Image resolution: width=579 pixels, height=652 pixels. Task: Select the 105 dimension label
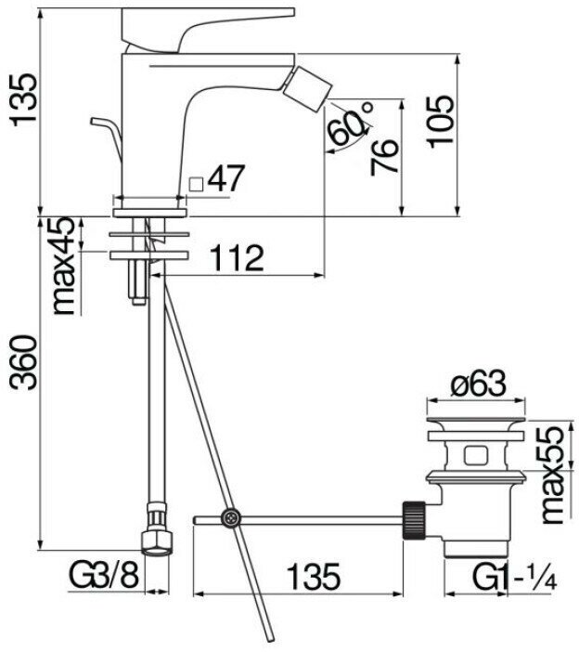[x=443, y=121]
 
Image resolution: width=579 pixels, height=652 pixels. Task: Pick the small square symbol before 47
[x=196, y=182]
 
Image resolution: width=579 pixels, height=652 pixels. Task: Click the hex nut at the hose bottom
[x=155, y=540]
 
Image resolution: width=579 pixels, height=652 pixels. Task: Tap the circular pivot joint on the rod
[x=230, y=518]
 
